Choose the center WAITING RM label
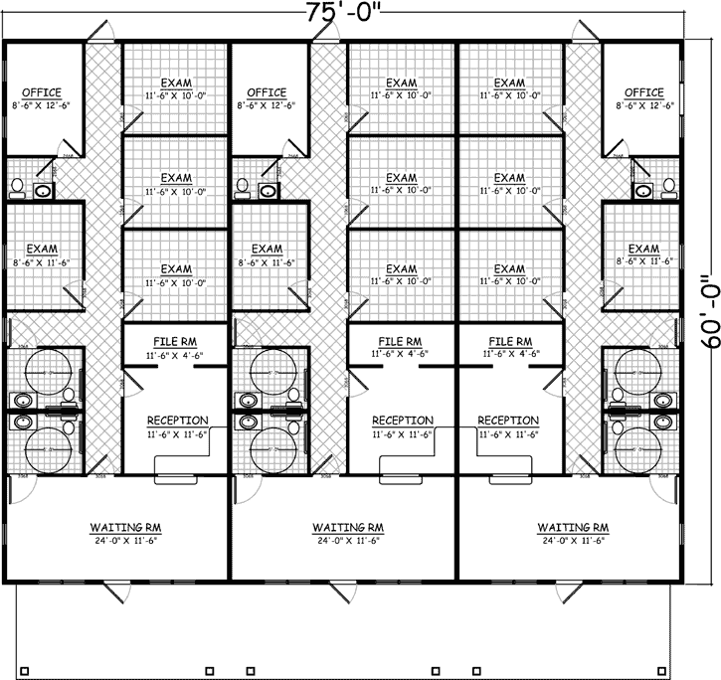(348, 527)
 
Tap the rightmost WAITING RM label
(573, 527)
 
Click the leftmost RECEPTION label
(177, 421)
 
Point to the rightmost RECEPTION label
(509, 421)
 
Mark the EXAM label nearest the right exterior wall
(644, 249)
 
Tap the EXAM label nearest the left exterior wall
(42, 249)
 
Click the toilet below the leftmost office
(16, 188)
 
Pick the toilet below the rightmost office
(669, 188)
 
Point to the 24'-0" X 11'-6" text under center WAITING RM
(348, 541)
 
